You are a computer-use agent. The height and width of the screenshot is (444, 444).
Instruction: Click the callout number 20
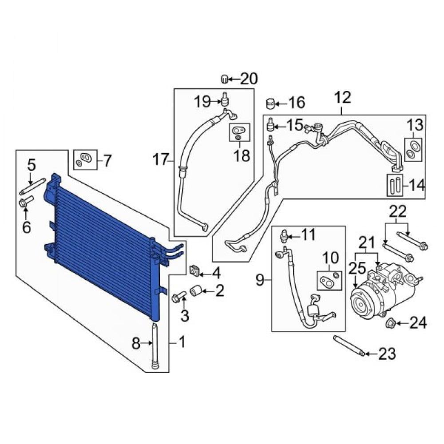(249, 79)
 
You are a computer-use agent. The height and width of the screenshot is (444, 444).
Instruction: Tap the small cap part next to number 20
(224, 79)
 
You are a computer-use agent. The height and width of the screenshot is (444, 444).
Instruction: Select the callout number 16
(297, 103)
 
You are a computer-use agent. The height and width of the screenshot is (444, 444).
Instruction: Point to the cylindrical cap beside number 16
(271, 103)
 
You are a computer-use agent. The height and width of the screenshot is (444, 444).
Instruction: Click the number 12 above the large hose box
(343, 98)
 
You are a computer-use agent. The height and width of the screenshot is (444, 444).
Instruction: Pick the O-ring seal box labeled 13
(413, 150)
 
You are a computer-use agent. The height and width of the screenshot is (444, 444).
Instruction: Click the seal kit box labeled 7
(85, 160)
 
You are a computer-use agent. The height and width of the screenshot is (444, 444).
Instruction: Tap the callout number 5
(32, 165)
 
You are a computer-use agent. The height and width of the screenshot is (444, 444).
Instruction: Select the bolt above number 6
(26, 202)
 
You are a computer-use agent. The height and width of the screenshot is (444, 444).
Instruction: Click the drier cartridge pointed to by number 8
(155, 346)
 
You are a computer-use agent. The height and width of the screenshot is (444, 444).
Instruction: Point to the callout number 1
(182, 342)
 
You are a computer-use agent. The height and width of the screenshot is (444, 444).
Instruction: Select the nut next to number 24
(391, 323)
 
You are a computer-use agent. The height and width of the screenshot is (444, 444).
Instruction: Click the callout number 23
(387, 354)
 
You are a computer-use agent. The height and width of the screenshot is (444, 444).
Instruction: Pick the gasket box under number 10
(329, 280)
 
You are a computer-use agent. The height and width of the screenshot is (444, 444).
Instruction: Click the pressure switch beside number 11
(284, 235)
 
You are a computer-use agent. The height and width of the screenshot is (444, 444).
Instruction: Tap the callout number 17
(161, 160)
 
